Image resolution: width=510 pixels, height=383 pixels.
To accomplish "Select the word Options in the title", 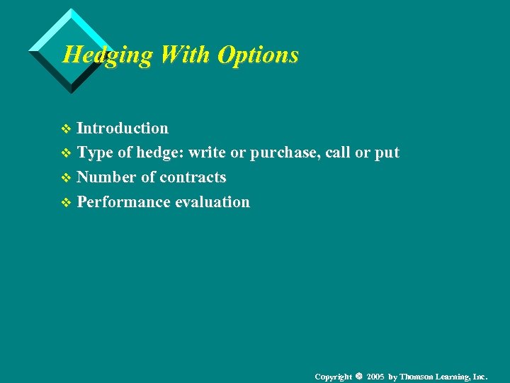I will pos(259,55).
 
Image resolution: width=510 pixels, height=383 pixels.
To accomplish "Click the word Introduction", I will pos(123,128).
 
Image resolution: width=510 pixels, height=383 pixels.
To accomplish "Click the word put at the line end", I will pos(387,153).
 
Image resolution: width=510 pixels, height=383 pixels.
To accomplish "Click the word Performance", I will pos(123,202).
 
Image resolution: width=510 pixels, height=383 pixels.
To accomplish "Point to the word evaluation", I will pos(212,202).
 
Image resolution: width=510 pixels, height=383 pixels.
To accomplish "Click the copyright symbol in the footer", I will pos(359,376).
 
